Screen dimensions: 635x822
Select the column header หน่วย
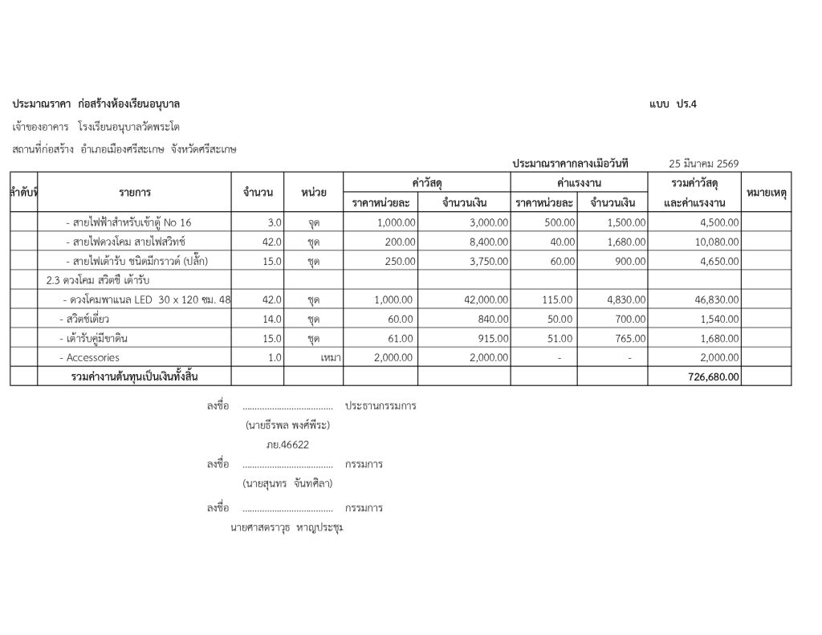[313, 193]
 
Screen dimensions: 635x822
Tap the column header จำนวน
[258, 193]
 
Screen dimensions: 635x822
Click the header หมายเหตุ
[766, 193]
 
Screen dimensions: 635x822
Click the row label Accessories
[92, 357]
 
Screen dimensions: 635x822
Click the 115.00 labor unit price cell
[557, 299]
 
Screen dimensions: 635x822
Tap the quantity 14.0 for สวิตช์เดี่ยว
[271, 319]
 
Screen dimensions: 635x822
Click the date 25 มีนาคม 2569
[703, 164]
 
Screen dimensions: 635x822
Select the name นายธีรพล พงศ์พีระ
[287, 425]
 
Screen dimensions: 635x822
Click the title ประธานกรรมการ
[380, 406]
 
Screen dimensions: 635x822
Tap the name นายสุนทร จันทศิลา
[287, 483]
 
